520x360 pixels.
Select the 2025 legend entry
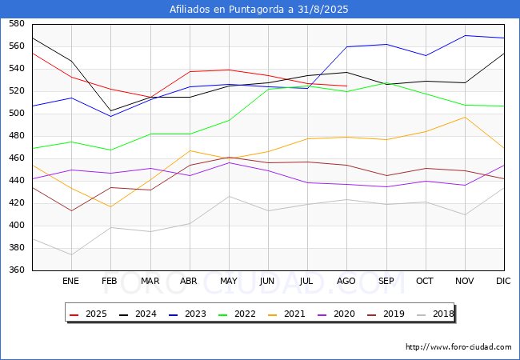[88, 314]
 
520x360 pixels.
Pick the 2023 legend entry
[187, 314]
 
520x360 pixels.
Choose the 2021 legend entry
[286, 314]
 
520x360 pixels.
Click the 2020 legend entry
[336, 314]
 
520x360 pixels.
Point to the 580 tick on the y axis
[17, 23]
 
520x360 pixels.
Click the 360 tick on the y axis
[17, 270]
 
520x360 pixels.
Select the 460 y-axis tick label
[17, 158]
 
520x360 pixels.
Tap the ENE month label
[70, 281]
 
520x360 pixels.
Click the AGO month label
[346, 281]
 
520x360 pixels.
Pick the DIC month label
[503, 281]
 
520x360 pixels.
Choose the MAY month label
[229, 281]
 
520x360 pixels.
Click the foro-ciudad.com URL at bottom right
[458, 347]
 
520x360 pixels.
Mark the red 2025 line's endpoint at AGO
[347, 86]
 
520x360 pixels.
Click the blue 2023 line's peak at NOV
[466, 35]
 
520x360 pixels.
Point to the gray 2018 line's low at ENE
[71, 255]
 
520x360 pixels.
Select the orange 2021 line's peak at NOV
[466, 117]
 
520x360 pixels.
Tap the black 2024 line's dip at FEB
[110, 110]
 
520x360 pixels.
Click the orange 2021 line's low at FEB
[110, 207]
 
